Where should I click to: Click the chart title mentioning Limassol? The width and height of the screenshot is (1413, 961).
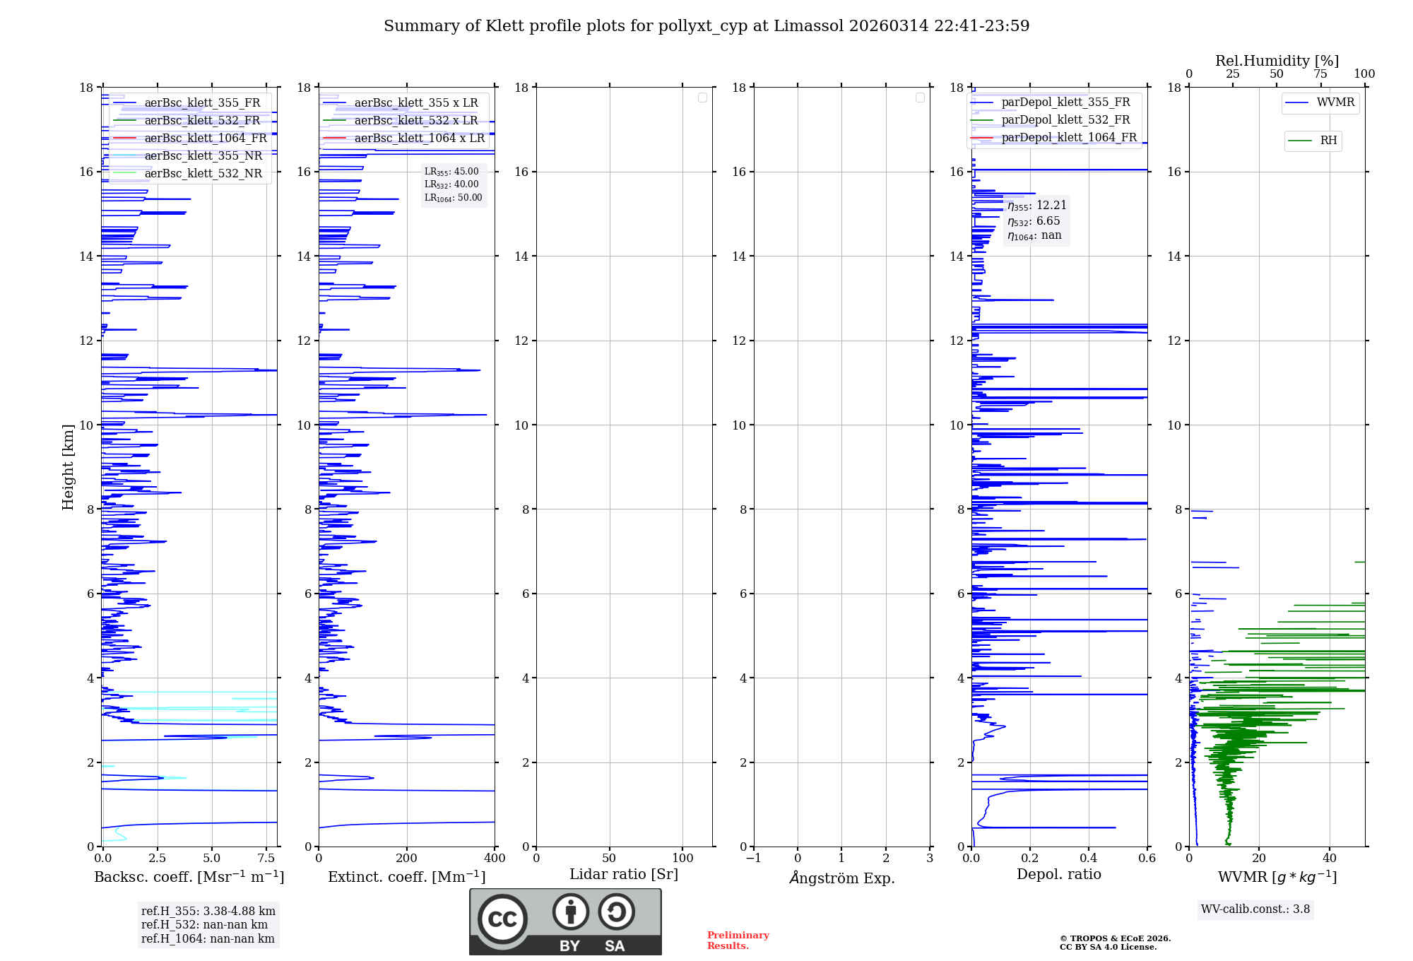click(x=706, y=26)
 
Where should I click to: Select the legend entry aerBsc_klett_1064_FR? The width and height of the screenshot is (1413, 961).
click(x=206, y=138)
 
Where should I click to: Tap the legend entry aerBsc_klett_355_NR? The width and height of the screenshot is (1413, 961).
click(x=203, y=156)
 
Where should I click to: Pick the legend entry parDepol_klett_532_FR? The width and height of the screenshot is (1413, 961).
click(x=1065, y=120)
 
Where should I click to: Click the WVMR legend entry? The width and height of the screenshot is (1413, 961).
click(x=1335, y=102)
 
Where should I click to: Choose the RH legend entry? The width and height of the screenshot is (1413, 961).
click(x=1328, y=141)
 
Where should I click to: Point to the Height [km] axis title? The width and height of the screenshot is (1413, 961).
click(x=68, y=467)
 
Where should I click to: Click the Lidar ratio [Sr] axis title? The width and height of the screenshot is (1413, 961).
click(x=624, y=875)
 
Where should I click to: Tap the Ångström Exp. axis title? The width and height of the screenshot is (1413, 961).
click(x=841, y=878)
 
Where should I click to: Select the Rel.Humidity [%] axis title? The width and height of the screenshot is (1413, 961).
click(x=1277, y=61)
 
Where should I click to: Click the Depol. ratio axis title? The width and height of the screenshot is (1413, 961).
click(x=1058, y=875)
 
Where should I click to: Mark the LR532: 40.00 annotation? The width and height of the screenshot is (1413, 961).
click(x=451, y=184)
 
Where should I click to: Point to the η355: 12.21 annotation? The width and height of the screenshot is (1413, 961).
click(x=1036, y=206)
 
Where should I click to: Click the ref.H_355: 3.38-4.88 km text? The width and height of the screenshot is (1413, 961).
click(x=208, y=912)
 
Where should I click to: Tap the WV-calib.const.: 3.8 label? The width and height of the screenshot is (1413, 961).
click(x=1255, y=909)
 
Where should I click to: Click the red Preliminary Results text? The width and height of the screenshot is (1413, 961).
click(x=738, y=941)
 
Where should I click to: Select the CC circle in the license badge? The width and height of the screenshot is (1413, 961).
click(x=502, y=919)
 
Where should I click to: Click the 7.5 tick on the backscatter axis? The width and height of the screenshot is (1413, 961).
click(x=266, y=859)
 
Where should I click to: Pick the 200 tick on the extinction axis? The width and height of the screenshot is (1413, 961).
click(x=407, y=859)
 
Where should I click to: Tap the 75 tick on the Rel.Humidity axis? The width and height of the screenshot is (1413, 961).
click(x=1320, y=74)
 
